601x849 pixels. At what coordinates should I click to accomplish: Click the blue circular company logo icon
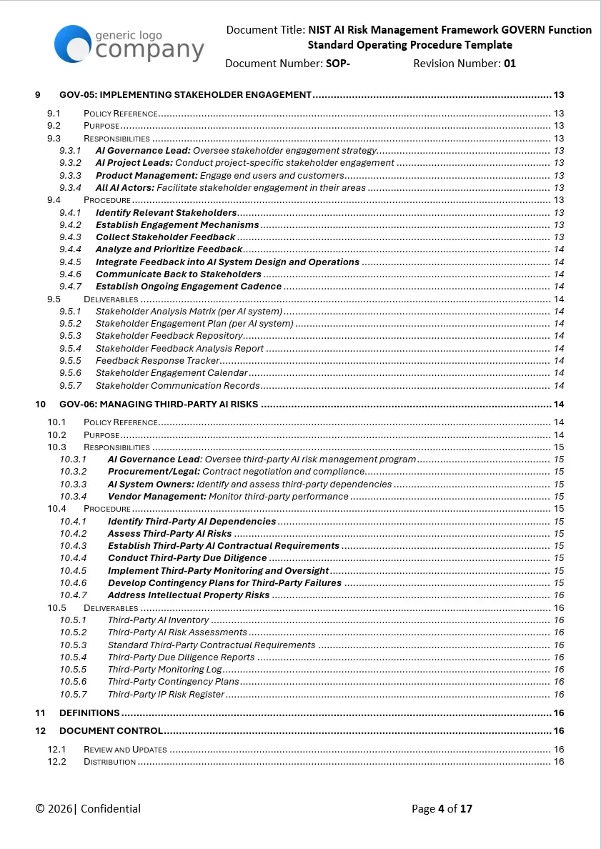[x=73, y=44]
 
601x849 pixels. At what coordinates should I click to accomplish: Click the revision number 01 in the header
[x=510, y=64]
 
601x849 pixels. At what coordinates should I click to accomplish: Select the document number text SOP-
[x=338, y=64]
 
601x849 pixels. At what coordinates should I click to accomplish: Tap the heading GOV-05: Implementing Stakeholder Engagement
[x=185, y=94]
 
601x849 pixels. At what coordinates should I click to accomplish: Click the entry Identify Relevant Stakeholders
[x=166, y=212]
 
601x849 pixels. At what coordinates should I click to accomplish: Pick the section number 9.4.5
[x=70, y=262]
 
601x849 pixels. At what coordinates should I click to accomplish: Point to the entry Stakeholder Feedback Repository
[x=169, y=336]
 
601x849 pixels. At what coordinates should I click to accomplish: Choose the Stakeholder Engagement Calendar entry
[x=172, y=373]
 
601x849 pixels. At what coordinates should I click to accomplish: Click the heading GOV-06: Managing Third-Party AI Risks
[x=159, y=404]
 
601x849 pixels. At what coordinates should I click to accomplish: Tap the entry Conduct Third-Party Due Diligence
[x=187, y=558]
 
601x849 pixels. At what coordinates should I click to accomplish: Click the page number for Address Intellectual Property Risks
[x=559, y=595]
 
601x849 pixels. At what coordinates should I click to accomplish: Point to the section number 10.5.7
[x=73, y=695]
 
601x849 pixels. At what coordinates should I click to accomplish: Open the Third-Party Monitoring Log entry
[x=165, y=670]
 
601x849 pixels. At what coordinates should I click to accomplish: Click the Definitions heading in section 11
[x=89, y=713]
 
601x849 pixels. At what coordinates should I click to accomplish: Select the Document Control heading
[x=111, y=731]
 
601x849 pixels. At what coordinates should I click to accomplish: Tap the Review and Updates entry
[x=125, y=750]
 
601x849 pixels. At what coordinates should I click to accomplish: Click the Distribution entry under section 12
[x=109, y=762]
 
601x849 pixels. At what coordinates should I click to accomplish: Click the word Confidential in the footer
[x=111, y=809]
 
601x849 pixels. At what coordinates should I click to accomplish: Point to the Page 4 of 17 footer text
[x=442, y=809]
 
